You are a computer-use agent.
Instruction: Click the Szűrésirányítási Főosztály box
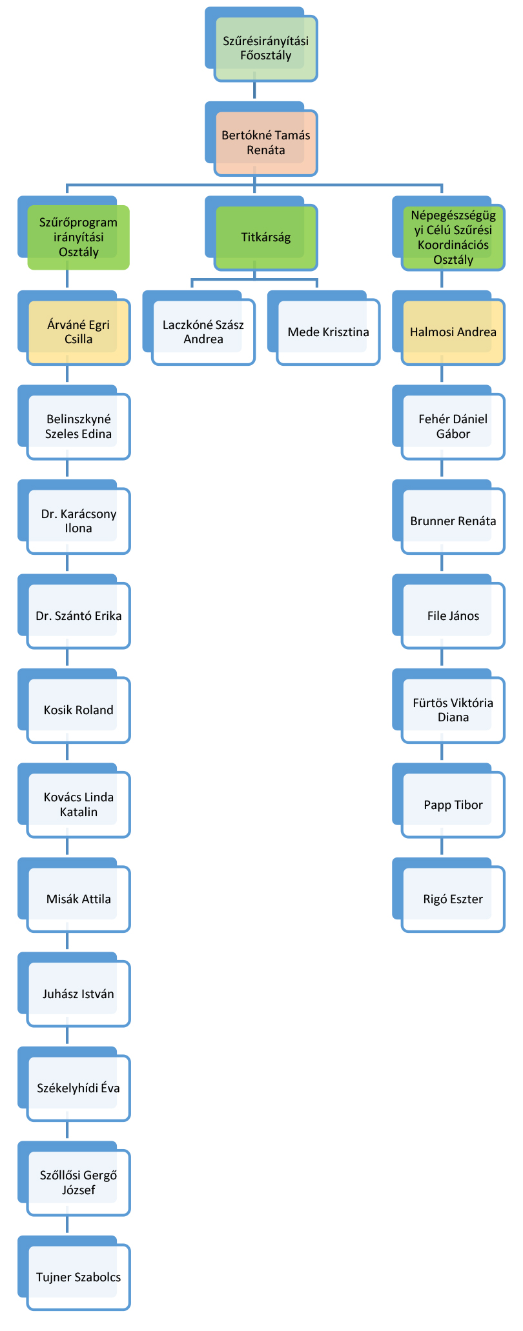[x=265, y=48]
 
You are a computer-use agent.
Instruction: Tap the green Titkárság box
[x=265, y=237]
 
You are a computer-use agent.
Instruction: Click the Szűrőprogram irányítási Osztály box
[x=78, y=237]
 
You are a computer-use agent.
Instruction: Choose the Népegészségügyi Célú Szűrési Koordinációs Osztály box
[x=453, y=237]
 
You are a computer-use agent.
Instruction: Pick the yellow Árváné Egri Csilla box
[x=78, y=332]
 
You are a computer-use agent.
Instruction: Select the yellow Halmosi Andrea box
[x=453, y=332]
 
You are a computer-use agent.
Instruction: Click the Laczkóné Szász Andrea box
[x=203, y=332]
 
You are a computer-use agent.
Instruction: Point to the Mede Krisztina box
[x=328, y=332]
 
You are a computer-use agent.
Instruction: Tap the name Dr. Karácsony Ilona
[x=78, y=521]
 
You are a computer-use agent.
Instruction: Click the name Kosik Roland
[x=78, y=710]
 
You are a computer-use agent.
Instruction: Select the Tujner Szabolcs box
[x=78, y=1277]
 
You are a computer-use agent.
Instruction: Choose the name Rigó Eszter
[x=453, y=899]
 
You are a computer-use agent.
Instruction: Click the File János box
[x=453, y=616]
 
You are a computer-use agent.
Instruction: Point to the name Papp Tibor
[x=453, y=805]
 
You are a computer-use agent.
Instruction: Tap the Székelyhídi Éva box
[x=78, y=1088]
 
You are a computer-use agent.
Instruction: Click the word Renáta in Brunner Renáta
[x=475, y=521]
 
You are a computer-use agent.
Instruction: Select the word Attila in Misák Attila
[x=95, y=899]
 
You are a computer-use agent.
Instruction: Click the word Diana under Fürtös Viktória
[x=453, y=717]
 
